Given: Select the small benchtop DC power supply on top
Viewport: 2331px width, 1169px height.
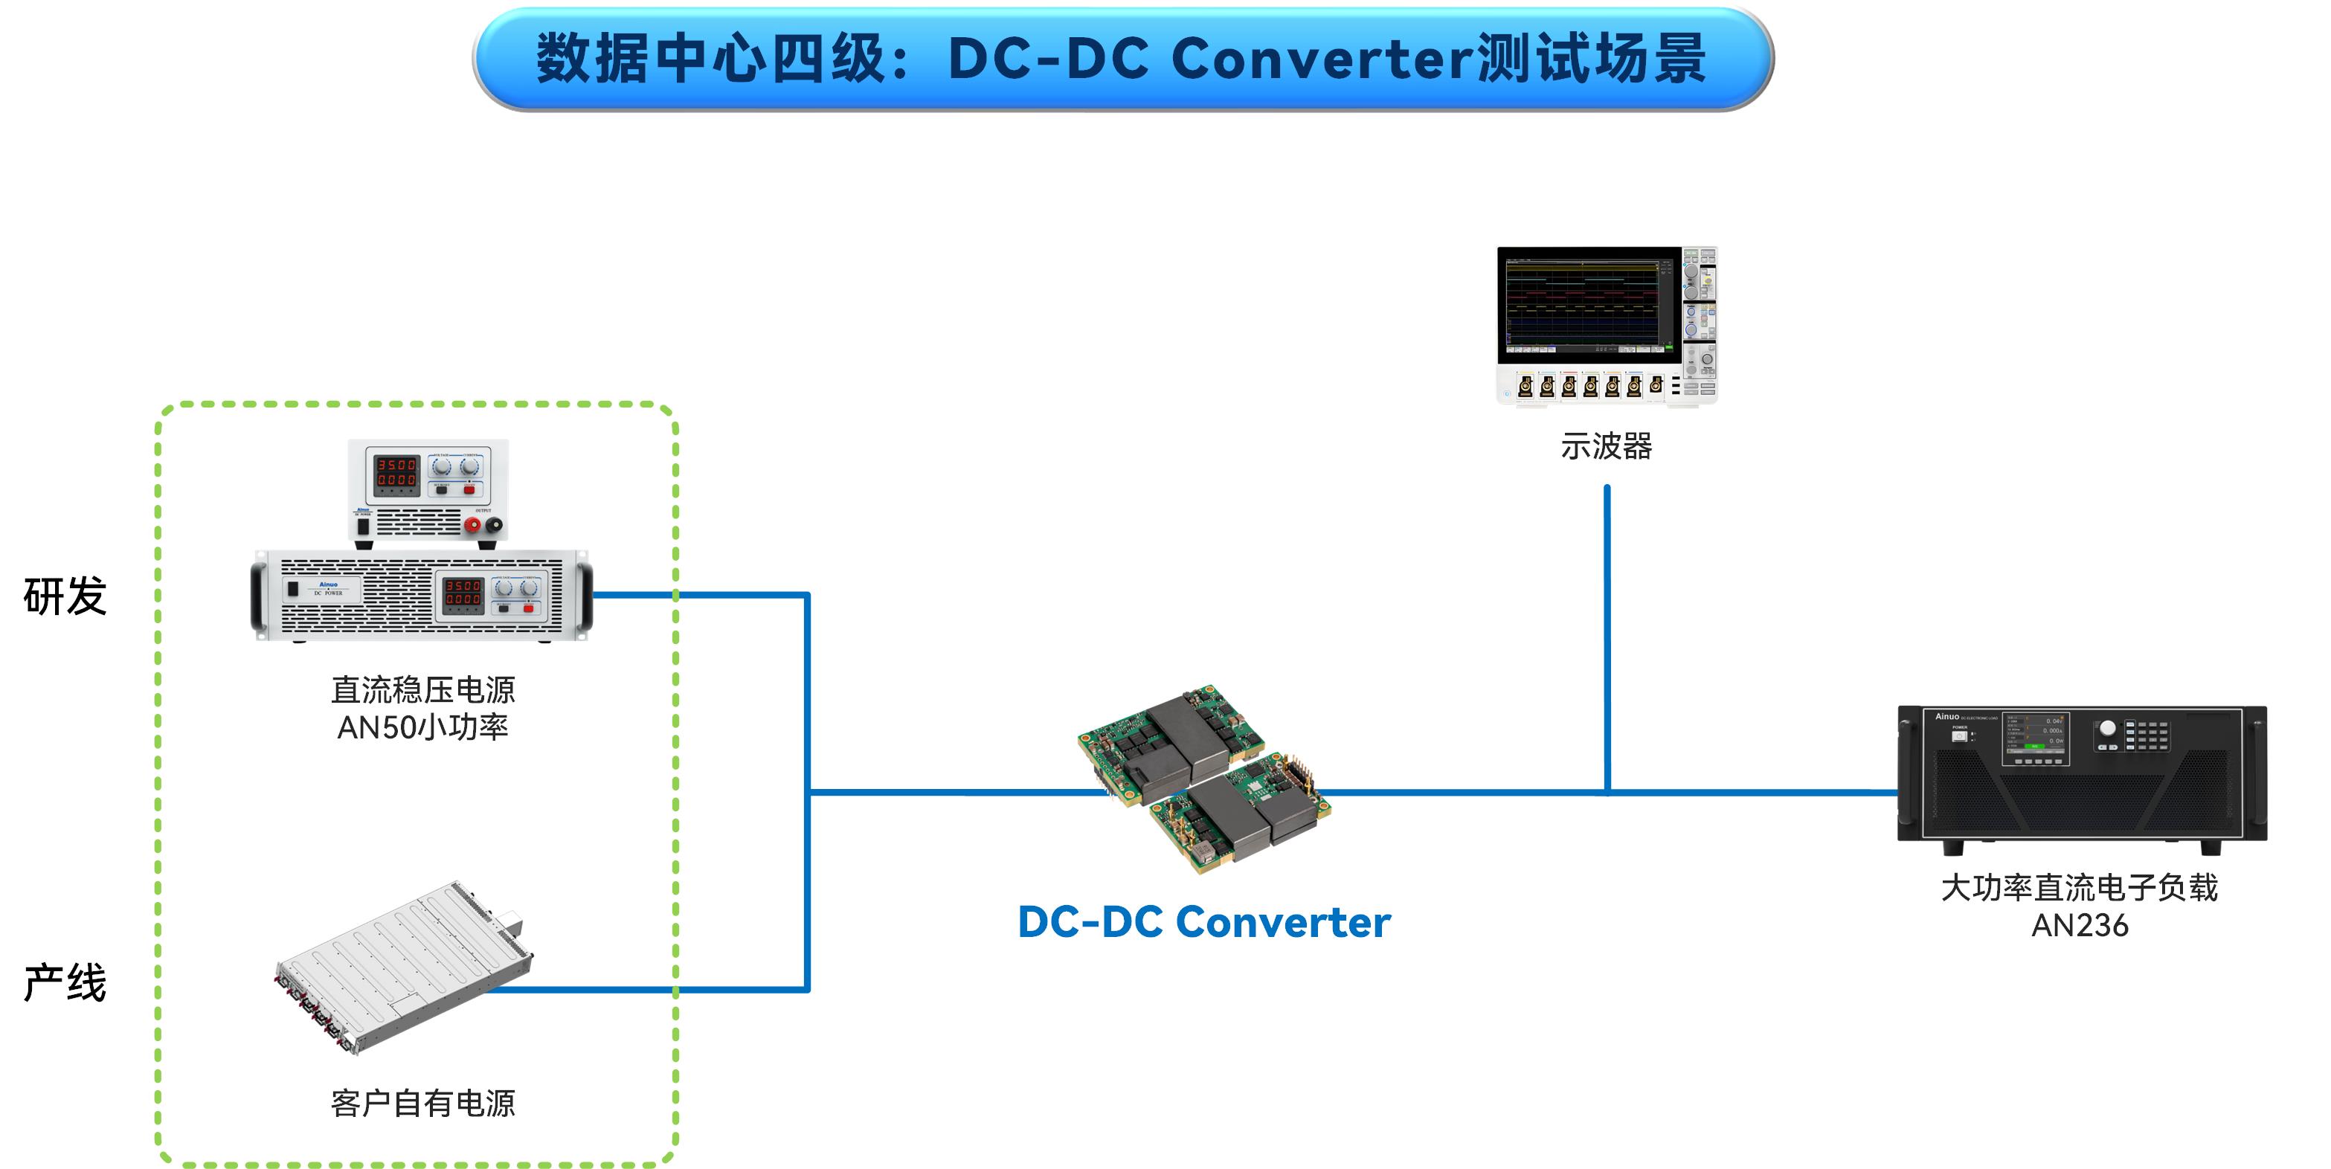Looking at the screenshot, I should pyautogui.click(x=428, y=493).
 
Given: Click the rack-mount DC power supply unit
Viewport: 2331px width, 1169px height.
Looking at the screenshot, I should pyautogui.click(x=422, y=596).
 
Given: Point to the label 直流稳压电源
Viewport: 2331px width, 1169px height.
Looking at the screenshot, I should pyautogui.click(x=422, y=690).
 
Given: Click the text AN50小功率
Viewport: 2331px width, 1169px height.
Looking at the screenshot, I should pyautogui.click(x=422, y=727).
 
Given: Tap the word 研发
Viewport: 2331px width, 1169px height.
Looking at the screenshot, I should pyautogui.click(x=65, y=597).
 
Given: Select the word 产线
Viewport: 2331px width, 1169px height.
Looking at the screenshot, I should pyautogui.click(x=65, y=982).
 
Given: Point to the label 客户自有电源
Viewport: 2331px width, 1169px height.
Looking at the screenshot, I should pyautogui.click(x=422, y=1103).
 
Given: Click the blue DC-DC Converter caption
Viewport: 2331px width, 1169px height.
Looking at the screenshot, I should pyautogui.click(x=1203, y=923).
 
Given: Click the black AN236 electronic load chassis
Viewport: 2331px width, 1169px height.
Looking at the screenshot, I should pyautogui.click(x=2081, y=778).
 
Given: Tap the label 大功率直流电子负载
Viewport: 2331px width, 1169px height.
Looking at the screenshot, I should pyautogui.click(x=2080, y=888).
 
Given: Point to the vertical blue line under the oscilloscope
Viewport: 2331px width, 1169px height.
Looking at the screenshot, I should pyautogui.click(x=1607, y=634).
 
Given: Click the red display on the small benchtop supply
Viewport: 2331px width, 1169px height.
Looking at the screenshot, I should pyautogui.click(x=396, y=473).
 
